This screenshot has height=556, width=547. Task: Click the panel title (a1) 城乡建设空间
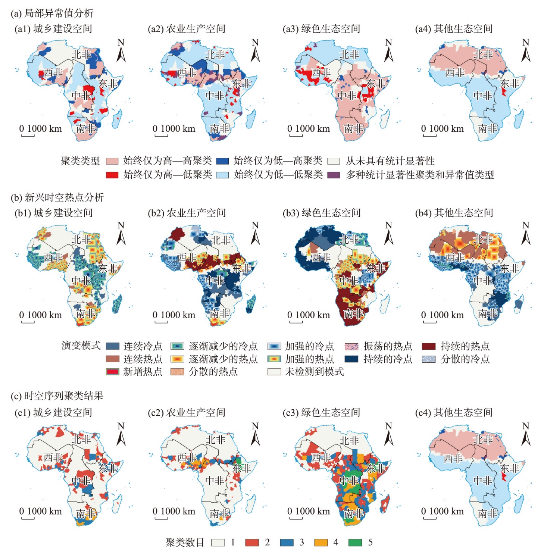pyautogui.click(x=53, y=29)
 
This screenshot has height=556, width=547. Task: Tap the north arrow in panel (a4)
pyautogui.click(x=525, y=51)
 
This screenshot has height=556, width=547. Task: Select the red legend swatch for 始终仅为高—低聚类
pyautogui.click(x=112, y=175)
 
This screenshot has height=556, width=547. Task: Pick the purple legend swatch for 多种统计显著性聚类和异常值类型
pyautogui.click(x=334, y=175)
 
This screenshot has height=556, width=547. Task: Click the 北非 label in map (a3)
pyautogui.click(x=349, y=55)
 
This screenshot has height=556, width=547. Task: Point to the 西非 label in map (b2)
pyautogui.click(x=187, y=257)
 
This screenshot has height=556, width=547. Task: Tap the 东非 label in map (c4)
pyautogui.click(x=510, y=468)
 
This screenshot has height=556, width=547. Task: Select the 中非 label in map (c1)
pyautogui.click(x=81, y=481)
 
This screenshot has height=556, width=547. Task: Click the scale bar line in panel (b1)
pyautogui.click(x=28, y=322)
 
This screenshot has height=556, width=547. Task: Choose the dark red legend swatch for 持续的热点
pyautogui.click(x=429, y=346)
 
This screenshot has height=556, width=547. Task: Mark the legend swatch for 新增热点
pyautogui.click(x=112, y=372)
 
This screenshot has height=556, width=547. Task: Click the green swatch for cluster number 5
pyautogui.click(x=355, y=543)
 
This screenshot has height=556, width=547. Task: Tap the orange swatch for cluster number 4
pyautogui.click(x=321, y=543)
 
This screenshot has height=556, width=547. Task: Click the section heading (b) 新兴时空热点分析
pyautogui.click(x=57, y=197)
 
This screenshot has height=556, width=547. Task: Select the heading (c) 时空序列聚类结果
pyautogui.click(x=57, y=396)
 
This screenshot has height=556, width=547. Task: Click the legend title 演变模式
pyautogui.click(x=81, y=346)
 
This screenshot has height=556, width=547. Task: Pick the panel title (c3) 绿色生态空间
pyautogui.click(x=321, y=412)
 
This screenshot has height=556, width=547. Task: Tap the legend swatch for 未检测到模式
pyautogui.click(x=274, y=372)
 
